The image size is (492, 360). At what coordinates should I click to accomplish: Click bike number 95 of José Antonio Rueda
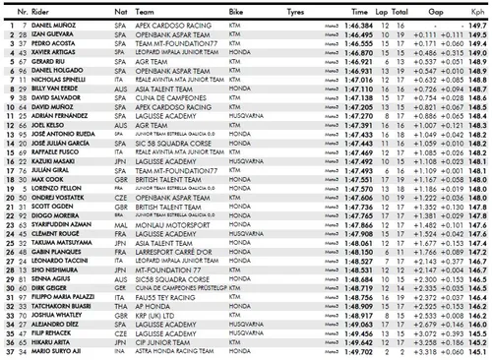(x=21, y=135)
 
